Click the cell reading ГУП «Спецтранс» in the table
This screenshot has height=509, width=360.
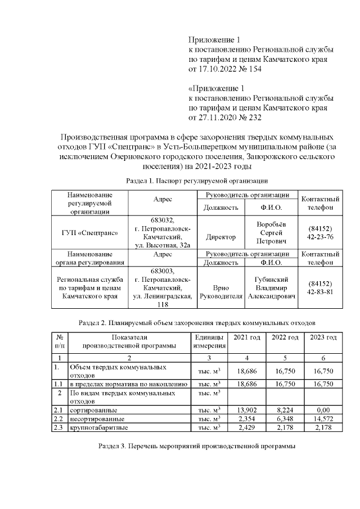[90, 232]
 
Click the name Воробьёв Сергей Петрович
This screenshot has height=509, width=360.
[271, 232]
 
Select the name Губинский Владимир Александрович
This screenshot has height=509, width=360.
[272, 287]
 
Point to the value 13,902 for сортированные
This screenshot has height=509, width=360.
[247, 410]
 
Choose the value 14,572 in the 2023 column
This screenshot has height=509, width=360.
[323, 419]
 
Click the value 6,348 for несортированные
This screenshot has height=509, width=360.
[285, 419]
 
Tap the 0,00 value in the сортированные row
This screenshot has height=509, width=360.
[323, 410]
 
